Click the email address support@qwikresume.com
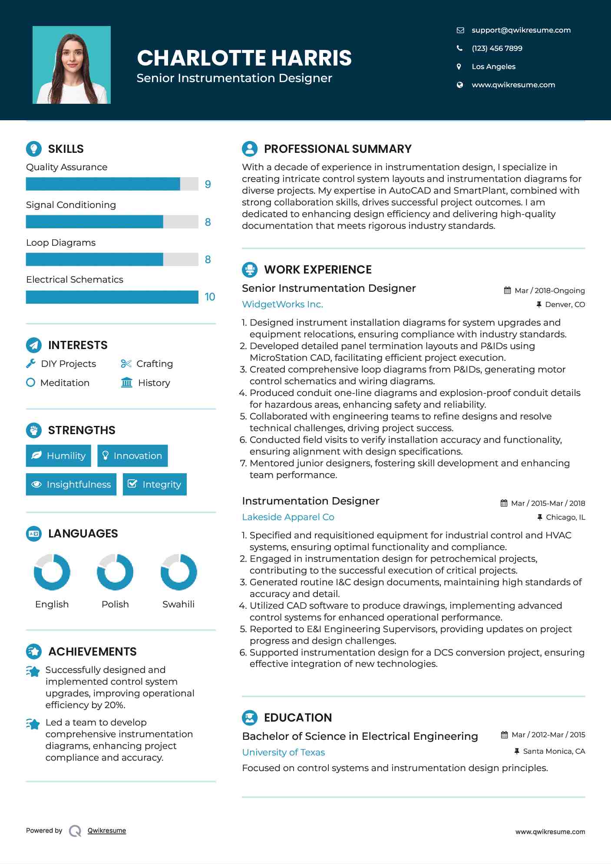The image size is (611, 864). click(x=521, y=30)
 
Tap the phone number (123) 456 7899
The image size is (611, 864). click(x=497, y=48)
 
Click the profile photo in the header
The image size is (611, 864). click(x=72, y=65)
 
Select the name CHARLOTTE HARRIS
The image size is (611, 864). click(x=244, y=58)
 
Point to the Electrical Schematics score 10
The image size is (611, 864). click(x=210, y=297)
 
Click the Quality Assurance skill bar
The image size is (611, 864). click(x=112, y=184)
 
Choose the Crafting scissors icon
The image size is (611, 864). click(x=126, y=364)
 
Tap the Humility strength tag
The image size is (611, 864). click(x=59, y=456)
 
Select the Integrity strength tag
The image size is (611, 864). click(x=155, y=484)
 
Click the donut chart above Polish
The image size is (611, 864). click(x=115, y=572)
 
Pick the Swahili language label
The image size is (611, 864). click(x=178, y=604)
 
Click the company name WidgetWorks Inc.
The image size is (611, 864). click(x=282, y=304)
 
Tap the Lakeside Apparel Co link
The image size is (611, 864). click(x=288, y=517)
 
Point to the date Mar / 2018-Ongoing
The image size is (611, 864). click(x=549, y=290)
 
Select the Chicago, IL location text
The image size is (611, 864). click(x=565, y=517)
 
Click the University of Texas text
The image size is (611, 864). click(x=283, y=752)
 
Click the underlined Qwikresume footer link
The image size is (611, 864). click(x=107, y=831)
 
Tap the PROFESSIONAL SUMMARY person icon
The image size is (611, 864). click(x=250, y=148)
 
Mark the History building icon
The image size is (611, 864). click(x=127, y=383)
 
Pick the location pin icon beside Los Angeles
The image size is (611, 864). click(x=459, y=66)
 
